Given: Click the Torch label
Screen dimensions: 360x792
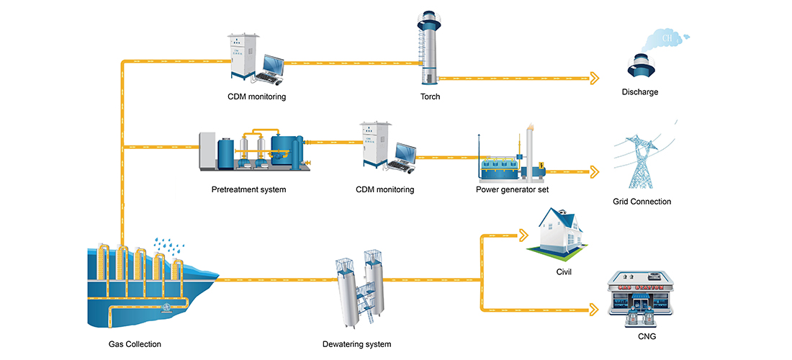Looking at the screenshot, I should (x=430, y=96).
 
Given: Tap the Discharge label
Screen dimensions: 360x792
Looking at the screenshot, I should (x=640, y=92).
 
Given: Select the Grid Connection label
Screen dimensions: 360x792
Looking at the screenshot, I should (x=642, y=202).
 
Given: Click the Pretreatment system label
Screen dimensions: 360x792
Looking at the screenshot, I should (x=248, y=190).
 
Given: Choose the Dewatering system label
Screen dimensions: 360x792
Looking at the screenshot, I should (x=356, y=344).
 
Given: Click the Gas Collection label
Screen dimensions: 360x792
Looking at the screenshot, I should (x=130, y=344).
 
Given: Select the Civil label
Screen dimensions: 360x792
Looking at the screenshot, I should (x=564, y=272).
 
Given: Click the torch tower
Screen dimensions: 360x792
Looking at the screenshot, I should (x=430, y=47).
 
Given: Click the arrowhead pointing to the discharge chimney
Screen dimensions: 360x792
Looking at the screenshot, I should (x=595, y=78).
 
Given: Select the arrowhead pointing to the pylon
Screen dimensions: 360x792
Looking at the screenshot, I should (x=595, y=171).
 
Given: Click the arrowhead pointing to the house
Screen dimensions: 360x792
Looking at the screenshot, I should (x=523, y=235).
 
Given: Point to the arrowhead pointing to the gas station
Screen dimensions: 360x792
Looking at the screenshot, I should (x=595, y=310).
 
